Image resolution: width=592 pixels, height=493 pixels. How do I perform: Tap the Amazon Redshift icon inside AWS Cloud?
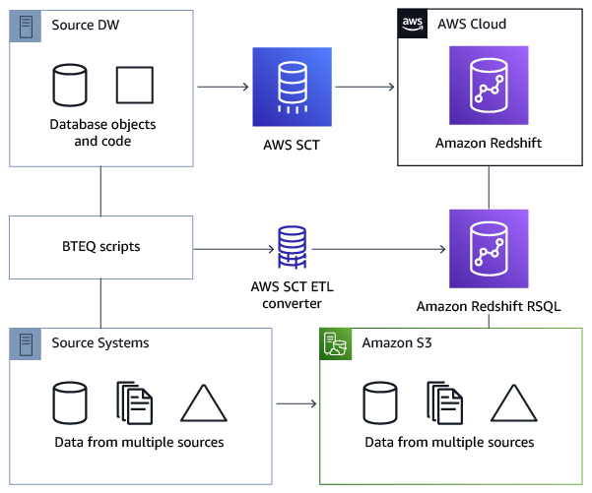click(x=489, y=88)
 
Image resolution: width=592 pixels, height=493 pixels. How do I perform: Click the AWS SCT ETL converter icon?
click(x=292, y=247)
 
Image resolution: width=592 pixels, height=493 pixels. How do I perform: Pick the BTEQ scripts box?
click(x=100, y=247)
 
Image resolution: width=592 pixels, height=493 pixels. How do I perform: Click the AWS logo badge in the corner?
click(x=413, y=24)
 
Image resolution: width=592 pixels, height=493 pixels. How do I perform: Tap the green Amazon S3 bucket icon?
click(x=335, y=342)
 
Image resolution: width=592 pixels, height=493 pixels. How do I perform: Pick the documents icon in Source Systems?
click(x=135, y=402)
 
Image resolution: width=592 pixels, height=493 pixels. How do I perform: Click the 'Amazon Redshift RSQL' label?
click(x=489, y=306)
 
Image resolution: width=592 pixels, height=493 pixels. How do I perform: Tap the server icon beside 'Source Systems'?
click(x=24, y=342)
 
